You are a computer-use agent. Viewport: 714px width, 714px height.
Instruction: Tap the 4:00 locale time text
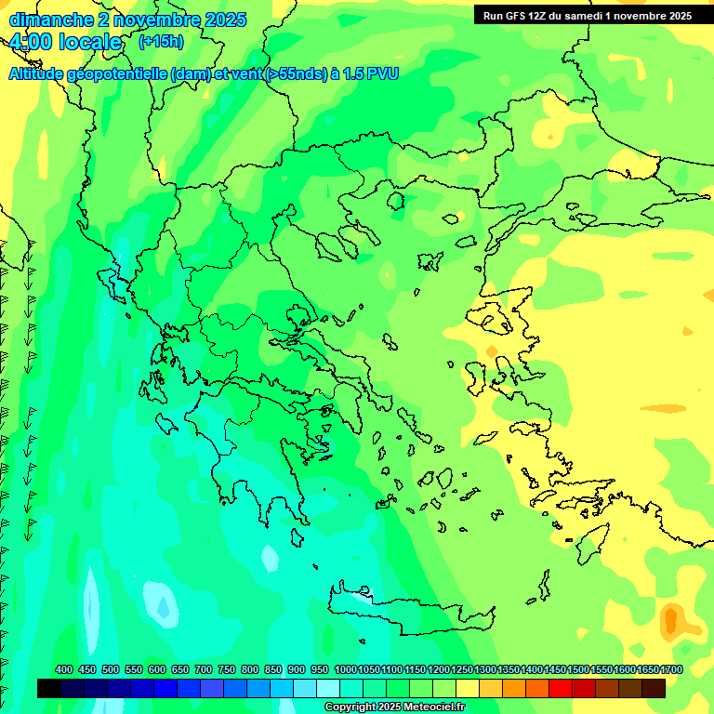click(64, 42)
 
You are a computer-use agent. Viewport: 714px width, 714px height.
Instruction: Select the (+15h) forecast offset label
click(161, 42)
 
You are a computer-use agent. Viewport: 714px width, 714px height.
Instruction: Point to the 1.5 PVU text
click(371, 74)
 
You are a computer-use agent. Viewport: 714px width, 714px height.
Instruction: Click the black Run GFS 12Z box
click(587, 16)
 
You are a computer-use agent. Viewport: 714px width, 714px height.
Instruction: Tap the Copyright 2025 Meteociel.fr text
click(394, 707)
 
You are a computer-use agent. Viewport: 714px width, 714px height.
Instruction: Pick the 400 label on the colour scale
click(64, 670)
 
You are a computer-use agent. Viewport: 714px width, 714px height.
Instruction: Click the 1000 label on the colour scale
click(345, 670)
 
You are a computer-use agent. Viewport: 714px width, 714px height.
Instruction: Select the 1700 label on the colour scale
click(671, 670)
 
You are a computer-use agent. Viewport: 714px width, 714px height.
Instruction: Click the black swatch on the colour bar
click(49, 688)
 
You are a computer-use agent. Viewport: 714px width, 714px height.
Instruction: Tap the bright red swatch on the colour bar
click(561, 688)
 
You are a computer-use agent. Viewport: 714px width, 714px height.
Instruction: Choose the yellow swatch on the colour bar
click(468, 688)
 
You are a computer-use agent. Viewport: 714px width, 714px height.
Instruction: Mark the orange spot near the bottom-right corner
click(671, 620)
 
